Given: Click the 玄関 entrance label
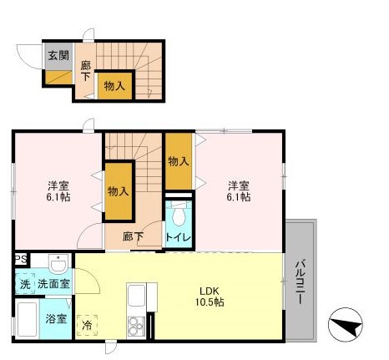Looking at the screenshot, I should pos(58,56).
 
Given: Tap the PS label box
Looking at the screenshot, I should pos(19,260).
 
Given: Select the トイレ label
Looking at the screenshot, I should pos(178,238).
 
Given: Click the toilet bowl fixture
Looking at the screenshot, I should pos(177,216).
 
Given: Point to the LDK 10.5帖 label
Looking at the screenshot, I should pos(209,297).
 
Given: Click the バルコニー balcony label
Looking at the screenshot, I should pos(299,282).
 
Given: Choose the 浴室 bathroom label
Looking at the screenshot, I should pos(57,318).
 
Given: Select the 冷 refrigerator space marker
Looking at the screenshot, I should pos(87,323).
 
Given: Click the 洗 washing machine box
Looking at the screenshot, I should pos(24,285).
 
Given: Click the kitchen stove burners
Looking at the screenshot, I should pos(134,326).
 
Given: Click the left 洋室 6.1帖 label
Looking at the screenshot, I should pos(58,191).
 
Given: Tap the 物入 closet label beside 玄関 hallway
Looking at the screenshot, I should pos(114,84).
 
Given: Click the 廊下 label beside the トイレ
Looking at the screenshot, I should pos(134,237).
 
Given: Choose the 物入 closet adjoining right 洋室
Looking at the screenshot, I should pos(178,160).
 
